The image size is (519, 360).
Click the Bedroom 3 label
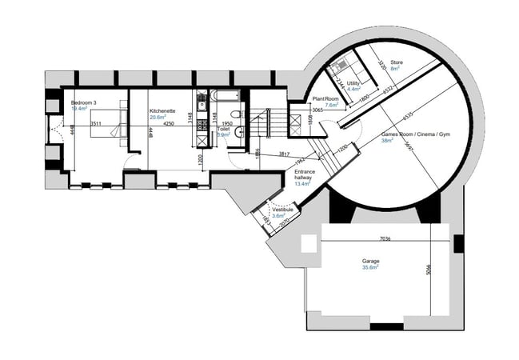pos(85,103)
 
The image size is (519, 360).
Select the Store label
pos(397,62)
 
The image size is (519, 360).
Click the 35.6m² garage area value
pos(371,269)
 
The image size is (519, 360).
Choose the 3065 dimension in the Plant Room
pos(317,110)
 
